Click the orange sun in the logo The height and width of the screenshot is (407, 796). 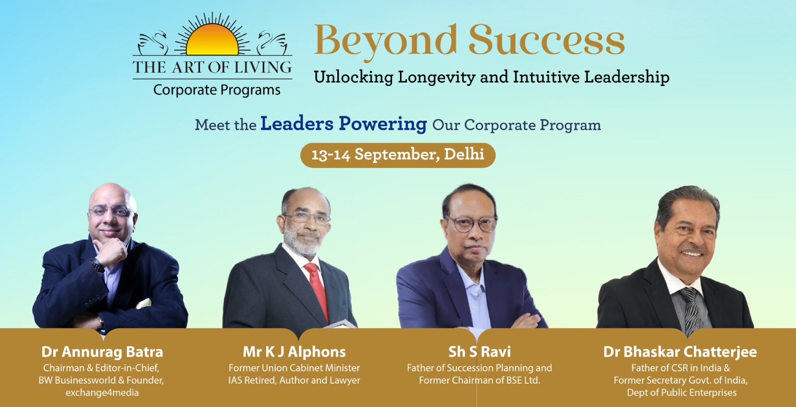point(212,41)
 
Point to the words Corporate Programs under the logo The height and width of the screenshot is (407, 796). point(217,90)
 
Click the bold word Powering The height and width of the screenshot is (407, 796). point(383,124)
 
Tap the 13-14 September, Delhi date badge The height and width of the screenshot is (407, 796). point(398,155)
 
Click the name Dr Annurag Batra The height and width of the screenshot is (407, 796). point(102,352)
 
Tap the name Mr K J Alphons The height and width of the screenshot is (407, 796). point(294,352)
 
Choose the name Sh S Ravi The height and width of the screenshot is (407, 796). point(480,352)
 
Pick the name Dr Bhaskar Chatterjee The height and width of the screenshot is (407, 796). point(680,352)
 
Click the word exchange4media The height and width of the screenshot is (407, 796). point(102,393)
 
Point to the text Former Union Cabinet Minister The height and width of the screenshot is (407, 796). point(294,368)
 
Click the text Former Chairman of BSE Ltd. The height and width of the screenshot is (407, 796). point(480,380)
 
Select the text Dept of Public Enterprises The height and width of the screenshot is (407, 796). point(682,393)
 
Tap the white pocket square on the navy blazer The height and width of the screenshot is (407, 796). point(144,304)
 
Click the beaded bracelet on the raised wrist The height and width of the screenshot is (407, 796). point(98,265)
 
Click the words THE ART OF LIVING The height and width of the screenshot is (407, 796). point(212,67)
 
